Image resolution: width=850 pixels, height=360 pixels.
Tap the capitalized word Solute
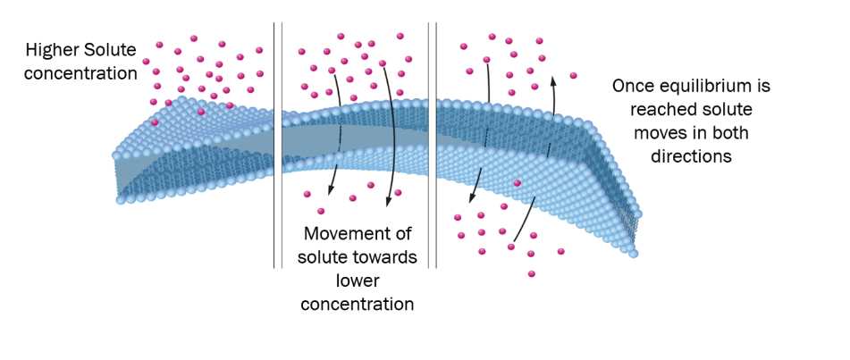point(112,50)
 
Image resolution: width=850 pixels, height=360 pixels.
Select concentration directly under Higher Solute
point(80,72)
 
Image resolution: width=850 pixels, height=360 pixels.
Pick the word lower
point(358,281)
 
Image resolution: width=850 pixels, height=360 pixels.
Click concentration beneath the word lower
point(358,305)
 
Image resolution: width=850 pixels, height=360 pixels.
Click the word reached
point(661,110)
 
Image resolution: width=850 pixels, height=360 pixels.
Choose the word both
point(725,133)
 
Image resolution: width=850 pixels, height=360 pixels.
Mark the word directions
point(690,156)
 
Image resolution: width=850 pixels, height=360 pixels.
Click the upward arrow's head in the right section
point(552,80)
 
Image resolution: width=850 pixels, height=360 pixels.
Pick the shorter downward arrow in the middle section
point(338,134)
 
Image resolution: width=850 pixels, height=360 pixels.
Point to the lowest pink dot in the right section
point(532,274)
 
